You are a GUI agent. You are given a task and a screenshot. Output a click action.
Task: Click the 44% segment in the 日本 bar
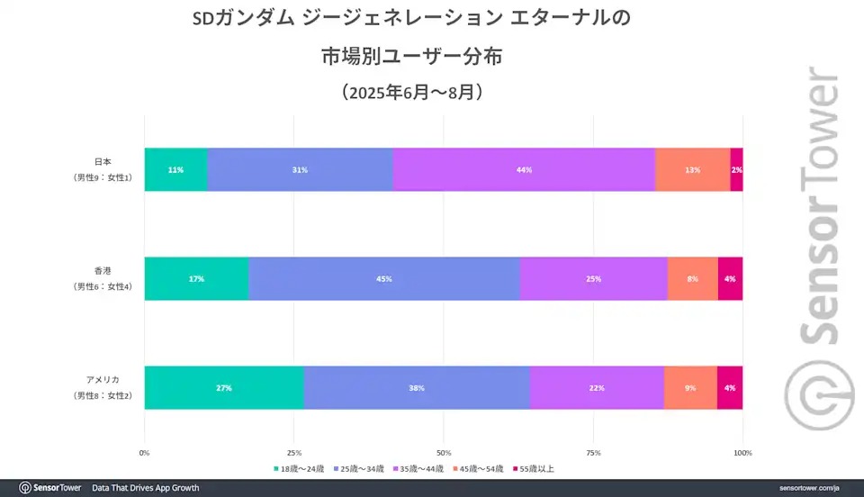coord(524,169)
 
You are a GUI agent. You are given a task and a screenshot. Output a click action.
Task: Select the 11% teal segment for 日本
coord(175,169)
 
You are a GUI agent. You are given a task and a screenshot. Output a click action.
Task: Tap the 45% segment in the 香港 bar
coord(384,278)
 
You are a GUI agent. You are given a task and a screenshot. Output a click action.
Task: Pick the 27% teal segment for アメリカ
coord(224,387)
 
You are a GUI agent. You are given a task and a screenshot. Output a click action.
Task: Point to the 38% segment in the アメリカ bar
coord(417,387)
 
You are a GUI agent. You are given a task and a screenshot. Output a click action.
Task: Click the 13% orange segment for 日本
coord(692,169)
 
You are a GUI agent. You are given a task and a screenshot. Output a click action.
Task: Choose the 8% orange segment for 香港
coord(692,278)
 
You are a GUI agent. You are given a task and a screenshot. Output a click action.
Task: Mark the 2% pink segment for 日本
coord(736,169)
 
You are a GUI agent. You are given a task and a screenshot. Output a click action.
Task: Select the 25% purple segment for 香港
coord(594,278)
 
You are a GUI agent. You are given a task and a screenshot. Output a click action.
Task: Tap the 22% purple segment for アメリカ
coord(596,387)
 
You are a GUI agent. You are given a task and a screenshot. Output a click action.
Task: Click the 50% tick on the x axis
coord(444,452)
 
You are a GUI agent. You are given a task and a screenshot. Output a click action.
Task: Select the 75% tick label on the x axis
coord(593,452)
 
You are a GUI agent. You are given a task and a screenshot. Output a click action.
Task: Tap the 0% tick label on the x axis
coord(145,452)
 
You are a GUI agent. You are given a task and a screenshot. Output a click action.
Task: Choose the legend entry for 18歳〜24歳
coord(300,468)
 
